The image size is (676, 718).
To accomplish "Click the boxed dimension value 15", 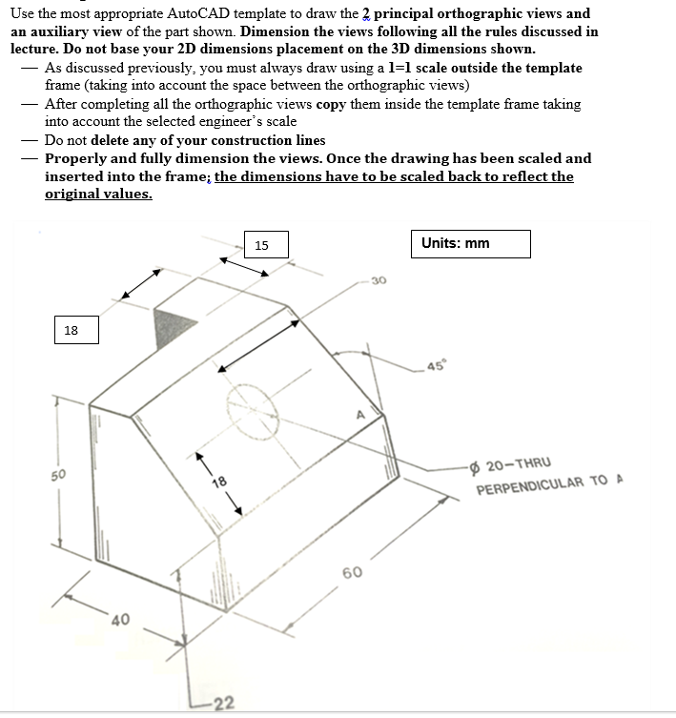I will (262, 246).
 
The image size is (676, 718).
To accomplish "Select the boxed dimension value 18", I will (72, 331).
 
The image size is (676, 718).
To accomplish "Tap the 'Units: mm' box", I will (470, 243).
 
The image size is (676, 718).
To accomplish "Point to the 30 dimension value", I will (379, 280).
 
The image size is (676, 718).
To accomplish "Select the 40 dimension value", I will (120, 621).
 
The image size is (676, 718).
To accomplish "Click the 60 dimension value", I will (352, 572).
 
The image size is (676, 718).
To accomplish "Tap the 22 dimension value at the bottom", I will (223, 704).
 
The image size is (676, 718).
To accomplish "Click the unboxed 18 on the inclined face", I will (218, 482).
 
